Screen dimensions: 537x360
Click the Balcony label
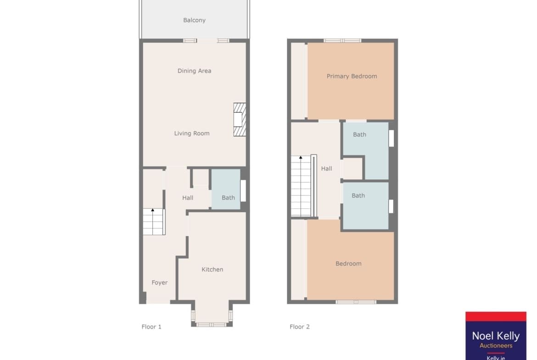tap(194, 20)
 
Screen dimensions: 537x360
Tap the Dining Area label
tap(194, 71)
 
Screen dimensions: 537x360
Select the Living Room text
tap(192, 133)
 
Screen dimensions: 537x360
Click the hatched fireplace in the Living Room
tap(240, 120)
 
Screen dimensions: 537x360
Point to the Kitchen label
tap(213, 269)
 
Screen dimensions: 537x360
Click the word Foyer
tap(160, 282)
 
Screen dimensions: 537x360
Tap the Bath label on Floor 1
tap(228, 198)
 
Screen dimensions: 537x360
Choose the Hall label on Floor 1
tap(188, 198)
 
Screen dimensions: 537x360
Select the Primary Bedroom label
tap(352, 76)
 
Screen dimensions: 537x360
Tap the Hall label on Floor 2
tap(326, 169)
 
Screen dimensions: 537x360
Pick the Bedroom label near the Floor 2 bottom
tap(348, 264)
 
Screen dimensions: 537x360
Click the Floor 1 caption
tap(151, 327)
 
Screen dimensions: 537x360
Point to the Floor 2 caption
tap(300, 327)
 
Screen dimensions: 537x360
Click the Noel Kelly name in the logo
tap(496, 336)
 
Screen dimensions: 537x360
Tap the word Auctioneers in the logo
tap(496, 346)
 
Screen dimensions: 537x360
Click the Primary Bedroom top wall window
tap(342, 41)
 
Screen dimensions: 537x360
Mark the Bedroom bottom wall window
tap(356, 302)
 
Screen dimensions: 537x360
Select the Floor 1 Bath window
tap(243, 191)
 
